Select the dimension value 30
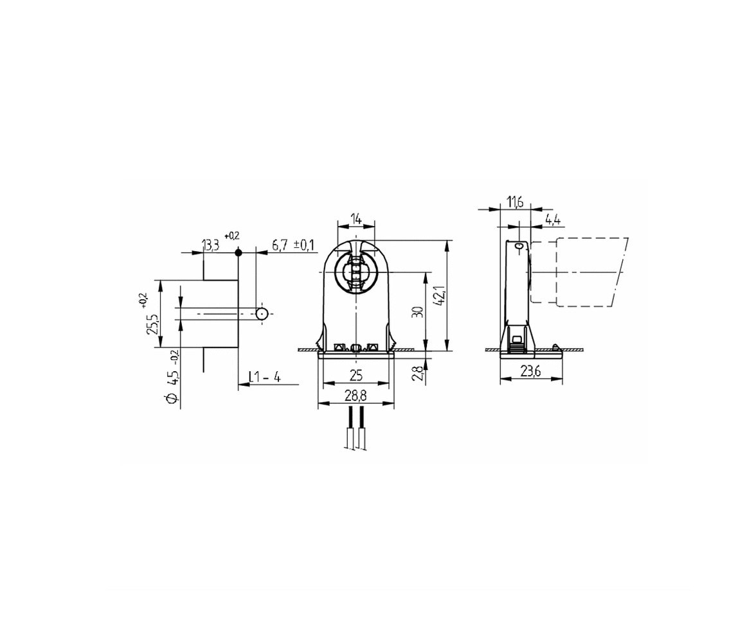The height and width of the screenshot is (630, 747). (x=418, y=312)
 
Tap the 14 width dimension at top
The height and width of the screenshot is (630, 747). (x=356, y=219)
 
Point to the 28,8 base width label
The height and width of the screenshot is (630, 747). (x=356, y=396)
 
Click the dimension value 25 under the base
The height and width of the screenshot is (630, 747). (x=356, y=376)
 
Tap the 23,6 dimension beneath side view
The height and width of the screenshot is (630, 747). (x=531, y=372)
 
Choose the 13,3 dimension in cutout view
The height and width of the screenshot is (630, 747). (x=212, y=246)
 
